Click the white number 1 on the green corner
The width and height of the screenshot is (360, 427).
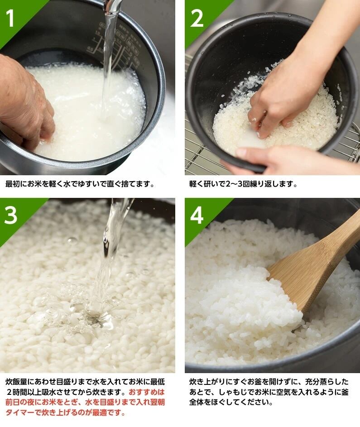(x=10, y=18)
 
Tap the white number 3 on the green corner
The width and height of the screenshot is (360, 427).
(x=11, y=215)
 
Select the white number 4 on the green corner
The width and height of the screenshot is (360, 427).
(x=197, y=215)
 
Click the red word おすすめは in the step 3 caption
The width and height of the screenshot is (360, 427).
(x=147, y=392)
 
